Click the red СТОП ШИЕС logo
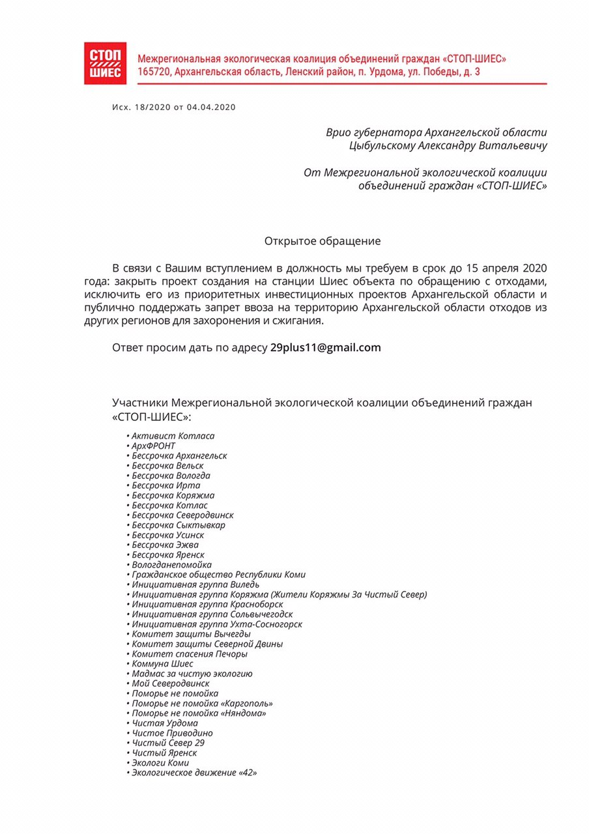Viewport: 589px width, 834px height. [x=105, y=63]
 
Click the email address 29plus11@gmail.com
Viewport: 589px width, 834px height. [x=325, y=347]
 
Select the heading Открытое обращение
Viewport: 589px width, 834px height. [x=322, y=241]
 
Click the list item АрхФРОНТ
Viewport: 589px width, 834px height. [x=153, y=446]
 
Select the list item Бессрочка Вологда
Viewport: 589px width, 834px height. [x=171, y=476]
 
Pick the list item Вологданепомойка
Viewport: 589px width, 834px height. [x=171, y=564]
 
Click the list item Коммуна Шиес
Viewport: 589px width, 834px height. [x=162, y=663]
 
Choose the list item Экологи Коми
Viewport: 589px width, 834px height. [x=160, y=762]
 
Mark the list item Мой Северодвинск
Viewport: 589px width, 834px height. [x=170, y=683]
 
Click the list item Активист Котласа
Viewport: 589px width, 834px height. [x=173, y=436]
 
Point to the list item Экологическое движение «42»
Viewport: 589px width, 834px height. [x=194, y=772]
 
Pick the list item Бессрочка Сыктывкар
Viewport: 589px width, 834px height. [x=179, y=525]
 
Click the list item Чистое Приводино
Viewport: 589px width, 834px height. [x=172, y=733]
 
